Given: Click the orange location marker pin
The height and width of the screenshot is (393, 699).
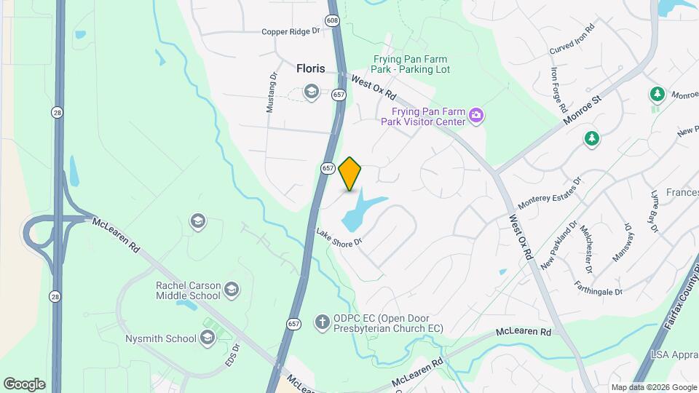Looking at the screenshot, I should tap(350, 173).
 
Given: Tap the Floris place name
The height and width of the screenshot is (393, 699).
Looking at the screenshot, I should tap(311, 68).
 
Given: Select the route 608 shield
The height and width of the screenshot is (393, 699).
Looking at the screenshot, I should tap(333, 21).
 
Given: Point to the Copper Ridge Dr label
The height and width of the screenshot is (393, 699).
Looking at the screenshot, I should tap(291, 32).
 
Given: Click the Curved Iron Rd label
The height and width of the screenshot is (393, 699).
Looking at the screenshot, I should tap(572, 37).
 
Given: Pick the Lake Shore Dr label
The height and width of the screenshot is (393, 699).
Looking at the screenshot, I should tap(339, 238).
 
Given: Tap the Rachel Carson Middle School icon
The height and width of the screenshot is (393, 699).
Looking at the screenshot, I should tap(232, 290).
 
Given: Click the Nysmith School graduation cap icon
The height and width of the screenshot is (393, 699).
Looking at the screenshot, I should tap(208, 337).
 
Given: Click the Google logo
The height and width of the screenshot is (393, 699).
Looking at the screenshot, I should tap(24, 384).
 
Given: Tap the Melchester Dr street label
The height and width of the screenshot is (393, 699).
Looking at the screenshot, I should tap(589, 245).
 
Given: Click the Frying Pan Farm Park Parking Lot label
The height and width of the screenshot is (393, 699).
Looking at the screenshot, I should tap(411, 64).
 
